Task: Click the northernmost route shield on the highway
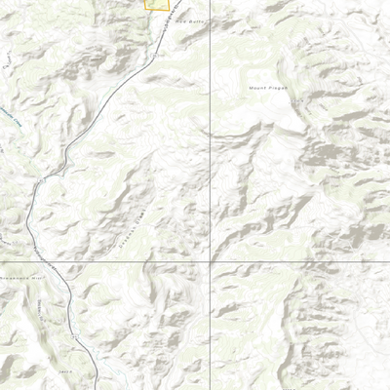coord(159,56)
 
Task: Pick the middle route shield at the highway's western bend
coord(40,181)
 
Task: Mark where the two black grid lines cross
coord(210,262)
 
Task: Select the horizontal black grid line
coord(292,262)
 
